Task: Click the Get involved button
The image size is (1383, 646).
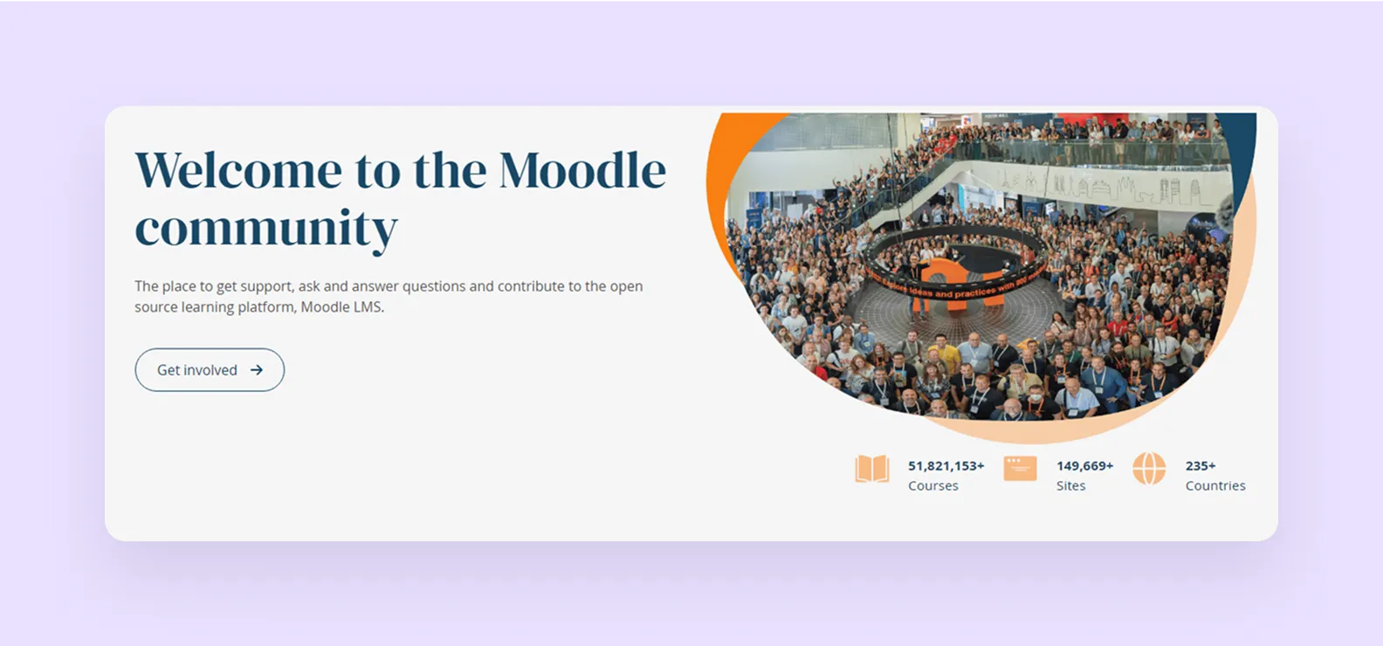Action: pyautogui.click(x=210, y=370)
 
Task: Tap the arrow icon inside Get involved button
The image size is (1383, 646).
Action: pyautogui.click(x=257, y=370)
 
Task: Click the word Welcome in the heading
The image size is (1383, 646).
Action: pyautogui.click(x=238, y=169)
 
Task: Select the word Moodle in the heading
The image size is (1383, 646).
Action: pyautogui.click(x=582, y=169)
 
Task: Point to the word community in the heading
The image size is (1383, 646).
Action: pyautogui.click(x=265, y=229)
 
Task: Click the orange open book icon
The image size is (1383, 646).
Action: pyautogui.click(x=871, y=469)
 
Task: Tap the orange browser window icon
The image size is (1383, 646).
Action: pyautogui.click(x=1020, y=469)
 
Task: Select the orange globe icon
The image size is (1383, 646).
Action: pyautogui.click(x=1149, y=469)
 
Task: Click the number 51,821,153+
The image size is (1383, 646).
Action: pyautogui.click(x=946, y=466)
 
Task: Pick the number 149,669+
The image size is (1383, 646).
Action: pyautogui.click(x=1084, y=466)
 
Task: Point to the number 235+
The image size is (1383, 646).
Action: pyautogui.click(x=1201, y=466)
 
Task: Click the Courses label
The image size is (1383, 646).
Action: pyautogui.click(x=932, y=486)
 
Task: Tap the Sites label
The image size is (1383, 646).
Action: pyautogui.click(x=1070, y=486)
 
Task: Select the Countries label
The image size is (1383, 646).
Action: pyautogui.click(x=1215, y=486)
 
